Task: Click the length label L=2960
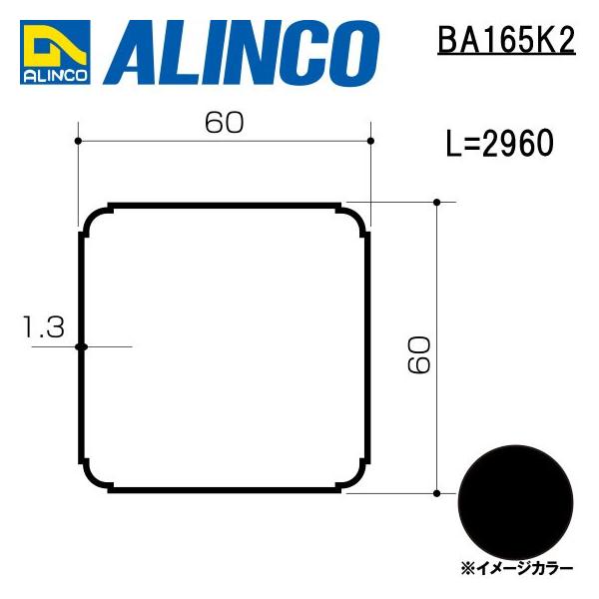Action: [499, 145]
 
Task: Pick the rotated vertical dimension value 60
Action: [419, 354]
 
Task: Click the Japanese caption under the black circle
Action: [517, 568]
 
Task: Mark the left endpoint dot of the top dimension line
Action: [78, 142]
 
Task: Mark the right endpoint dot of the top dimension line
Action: [370, 142]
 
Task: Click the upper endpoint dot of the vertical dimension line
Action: [437, 203]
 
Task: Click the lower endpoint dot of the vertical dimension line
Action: [437, 493]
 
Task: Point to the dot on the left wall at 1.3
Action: [81, 346]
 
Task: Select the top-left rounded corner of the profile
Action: [95, 220]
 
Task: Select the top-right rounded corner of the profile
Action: [353, 220]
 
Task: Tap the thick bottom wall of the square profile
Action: [225, 489]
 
